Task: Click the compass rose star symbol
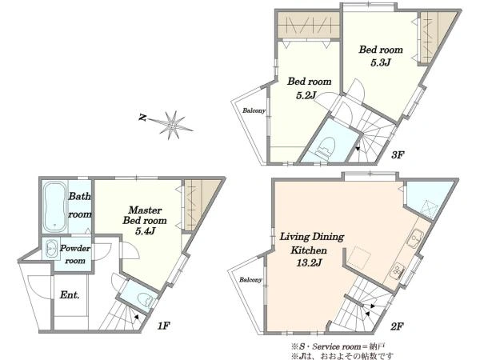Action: tap(172, 125)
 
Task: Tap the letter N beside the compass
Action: tap(142, 117)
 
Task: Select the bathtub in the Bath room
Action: tap(54, 207)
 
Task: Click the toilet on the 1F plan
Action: tap(145, 299)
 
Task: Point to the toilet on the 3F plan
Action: tap(325, 146)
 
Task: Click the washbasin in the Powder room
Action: tap(51, 249)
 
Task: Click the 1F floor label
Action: tap(163, 326)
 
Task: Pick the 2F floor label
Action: tap(397, 326)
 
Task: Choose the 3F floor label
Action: tap(398, 155)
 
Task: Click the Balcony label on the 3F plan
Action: tap(254, 110)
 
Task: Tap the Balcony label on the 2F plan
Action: tap(250, 280)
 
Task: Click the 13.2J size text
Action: tap(309, 262)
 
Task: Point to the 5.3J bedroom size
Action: tap(381, 62)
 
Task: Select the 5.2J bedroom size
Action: tap(306, 96)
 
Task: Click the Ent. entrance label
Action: tap(70, 295)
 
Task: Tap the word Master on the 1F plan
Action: tap(145, 210)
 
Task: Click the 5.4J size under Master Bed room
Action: tap(146, 231)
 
